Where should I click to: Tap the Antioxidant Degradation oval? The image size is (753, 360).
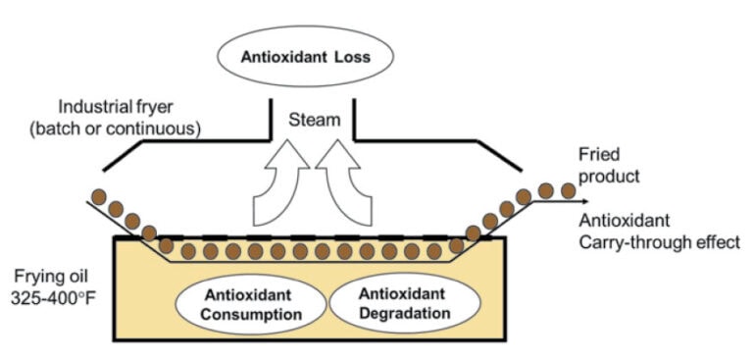coord(403,304)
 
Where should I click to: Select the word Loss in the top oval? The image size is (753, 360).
coord(347,56)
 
